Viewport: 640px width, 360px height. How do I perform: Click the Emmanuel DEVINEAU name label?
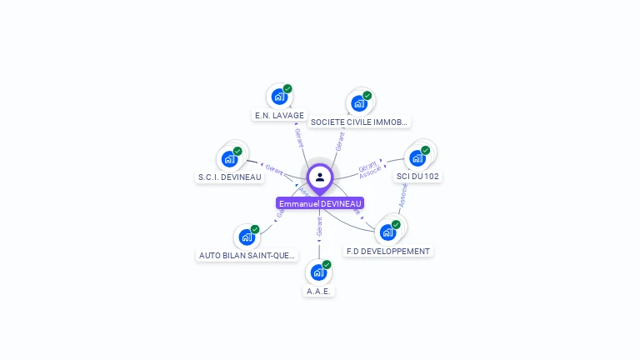pyautogui.click(x=320, y=203)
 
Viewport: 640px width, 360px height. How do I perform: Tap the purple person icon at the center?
pyautogui.click(x=320, y=177)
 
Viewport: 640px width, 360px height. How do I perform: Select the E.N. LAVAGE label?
pyautogui.click(x=279, y=115)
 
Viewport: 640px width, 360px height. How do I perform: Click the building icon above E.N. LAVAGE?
pyautogui.click(x=279, y=96)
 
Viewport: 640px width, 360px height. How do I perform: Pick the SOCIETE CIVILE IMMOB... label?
pyautogui.click(x=359, y=122)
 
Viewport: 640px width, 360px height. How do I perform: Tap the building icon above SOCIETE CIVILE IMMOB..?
pyautogui.click(x=359, y=103)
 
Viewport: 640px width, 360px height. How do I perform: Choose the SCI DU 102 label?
pyautogui.click(x=417, y=176)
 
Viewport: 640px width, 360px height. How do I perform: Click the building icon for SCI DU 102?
pyautogui.click(x=417, y=157)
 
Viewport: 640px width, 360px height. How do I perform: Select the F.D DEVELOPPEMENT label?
pyautogui.click(x=388, y=251)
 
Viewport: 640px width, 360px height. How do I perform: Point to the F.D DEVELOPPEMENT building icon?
pyautogui.click(x=387, y=232)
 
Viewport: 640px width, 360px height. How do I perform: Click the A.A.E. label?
pyautogui.click(x=319, y=292)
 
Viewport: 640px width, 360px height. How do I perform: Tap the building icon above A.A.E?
pyautogui.click(x=318, y=272)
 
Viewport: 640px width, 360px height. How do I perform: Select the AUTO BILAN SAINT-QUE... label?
pyautogui.click(x=247, y=255)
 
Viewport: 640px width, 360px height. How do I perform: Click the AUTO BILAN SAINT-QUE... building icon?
pyautogui.click(x=247, y=237)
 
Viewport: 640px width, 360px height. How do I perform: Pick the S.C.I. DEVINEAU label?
pyautogui.click(x=230, y=177)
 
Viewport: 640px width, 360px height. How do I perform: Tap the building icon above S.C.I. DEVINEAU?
pyautogui.click(x=229, y=158)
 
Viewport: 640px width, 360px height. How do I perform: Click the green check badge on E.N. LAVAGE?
pyautogui.click(x=287, y=88)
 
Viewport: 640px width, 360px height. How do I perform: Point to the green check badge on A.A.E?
pyautogui.click(x=327, y=264)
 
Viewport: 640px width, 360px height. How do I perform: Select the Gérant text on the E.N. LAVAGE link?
pyautogui.click(x=299, y=137)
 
